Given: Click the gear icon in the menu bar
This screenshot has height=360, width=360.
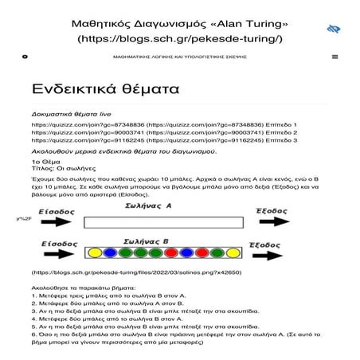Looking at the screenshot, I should pyautogui.click(x=25, y=57).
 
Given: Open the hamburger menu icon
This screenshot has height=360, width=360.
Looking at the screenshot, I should pyautogui.click(x=335, y=57).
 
